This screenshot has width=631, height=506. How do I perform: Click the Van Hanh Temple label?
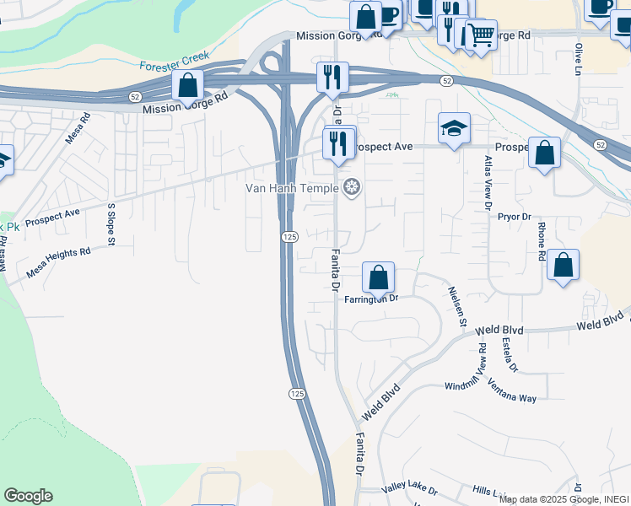[x=293, y=187]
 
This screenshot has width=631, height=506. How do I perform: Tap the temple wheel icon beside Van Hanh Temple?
[x=352, y=187]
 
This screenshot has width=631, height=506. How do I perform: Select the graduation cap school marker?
[x=454, y=129]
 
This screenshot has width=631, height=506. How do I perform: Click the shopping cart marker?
[x=481, y=35]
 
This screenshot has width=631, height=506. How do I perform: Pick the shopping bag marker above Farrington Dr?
[x=379, y=277]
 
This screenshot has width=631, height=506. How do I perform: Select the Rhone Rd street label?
[x=542, y=240]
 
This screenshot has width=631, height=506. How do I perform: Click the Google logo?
[x=28, y=496]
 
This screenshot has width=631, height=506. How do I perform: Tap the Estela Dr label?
[x=509, y=354]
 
